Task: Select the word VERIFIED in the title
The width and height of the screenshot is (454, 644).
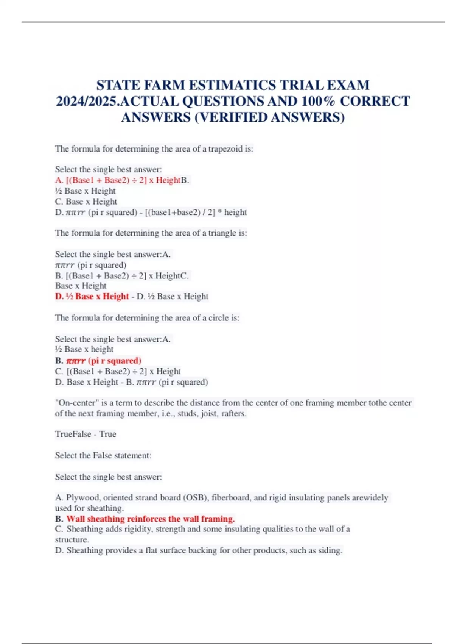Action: pyautogui.click(x=233, y=118)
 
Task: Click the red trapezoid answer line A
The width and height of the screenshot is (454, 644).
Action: pyautogui.click(x=118, y=180)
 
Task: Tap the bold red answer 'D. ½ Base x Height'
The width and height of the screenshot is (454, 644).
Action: pyautogui.click(x=92, y=296)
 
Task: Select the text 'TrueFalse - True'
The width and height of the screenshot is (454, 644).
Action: pyautogui.click(x=86, y=434)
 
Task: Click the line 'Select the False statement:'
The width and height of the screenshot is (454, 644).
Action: pyautogui.click(x=103, y=455)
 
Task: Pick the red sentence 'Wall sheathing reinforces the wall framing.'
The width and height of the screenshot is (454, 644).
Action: pyautogui.click(x=151, y=519)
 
